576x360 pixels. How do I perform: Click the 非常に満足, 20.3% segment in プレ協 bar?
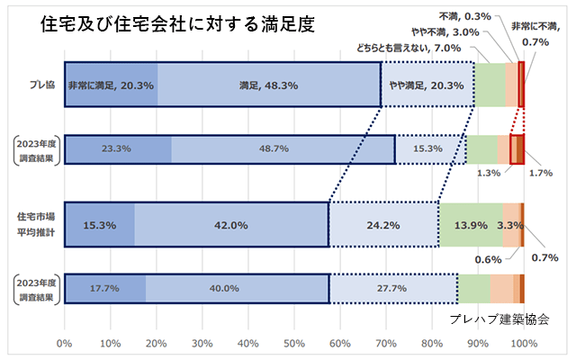(x=112, y=86)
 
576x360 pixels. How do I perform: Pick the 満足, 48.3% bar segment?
(x=268, y=86)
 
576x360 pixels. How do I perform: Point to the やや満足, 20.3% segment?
(x=427, y=86)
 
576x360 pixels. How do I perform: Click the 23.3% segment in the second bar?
(x=117, y=149)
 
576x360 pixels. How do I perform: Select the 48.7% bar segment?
(x=283, y=149)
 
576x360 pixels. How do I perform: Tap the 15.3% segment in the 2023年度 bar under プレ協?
(x=429, y=149)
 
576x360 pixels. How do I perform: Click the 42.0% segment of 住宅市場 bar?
(x=231, y=225)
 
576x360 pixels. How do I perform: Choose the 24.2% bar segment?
(x=383, y=225)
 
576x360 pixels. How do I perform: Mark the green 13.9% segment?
(x=471, y=225)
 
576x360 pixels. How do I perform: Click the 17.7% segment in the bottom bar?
(x=104, y=288)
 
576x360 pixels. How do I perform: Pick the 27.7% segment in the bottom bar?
(x=393, y=288)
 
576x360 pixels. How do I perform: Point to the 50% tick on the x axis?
(x=293, y=343)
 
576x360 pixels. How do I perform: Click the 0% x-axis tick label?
(x=64, y=343)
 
